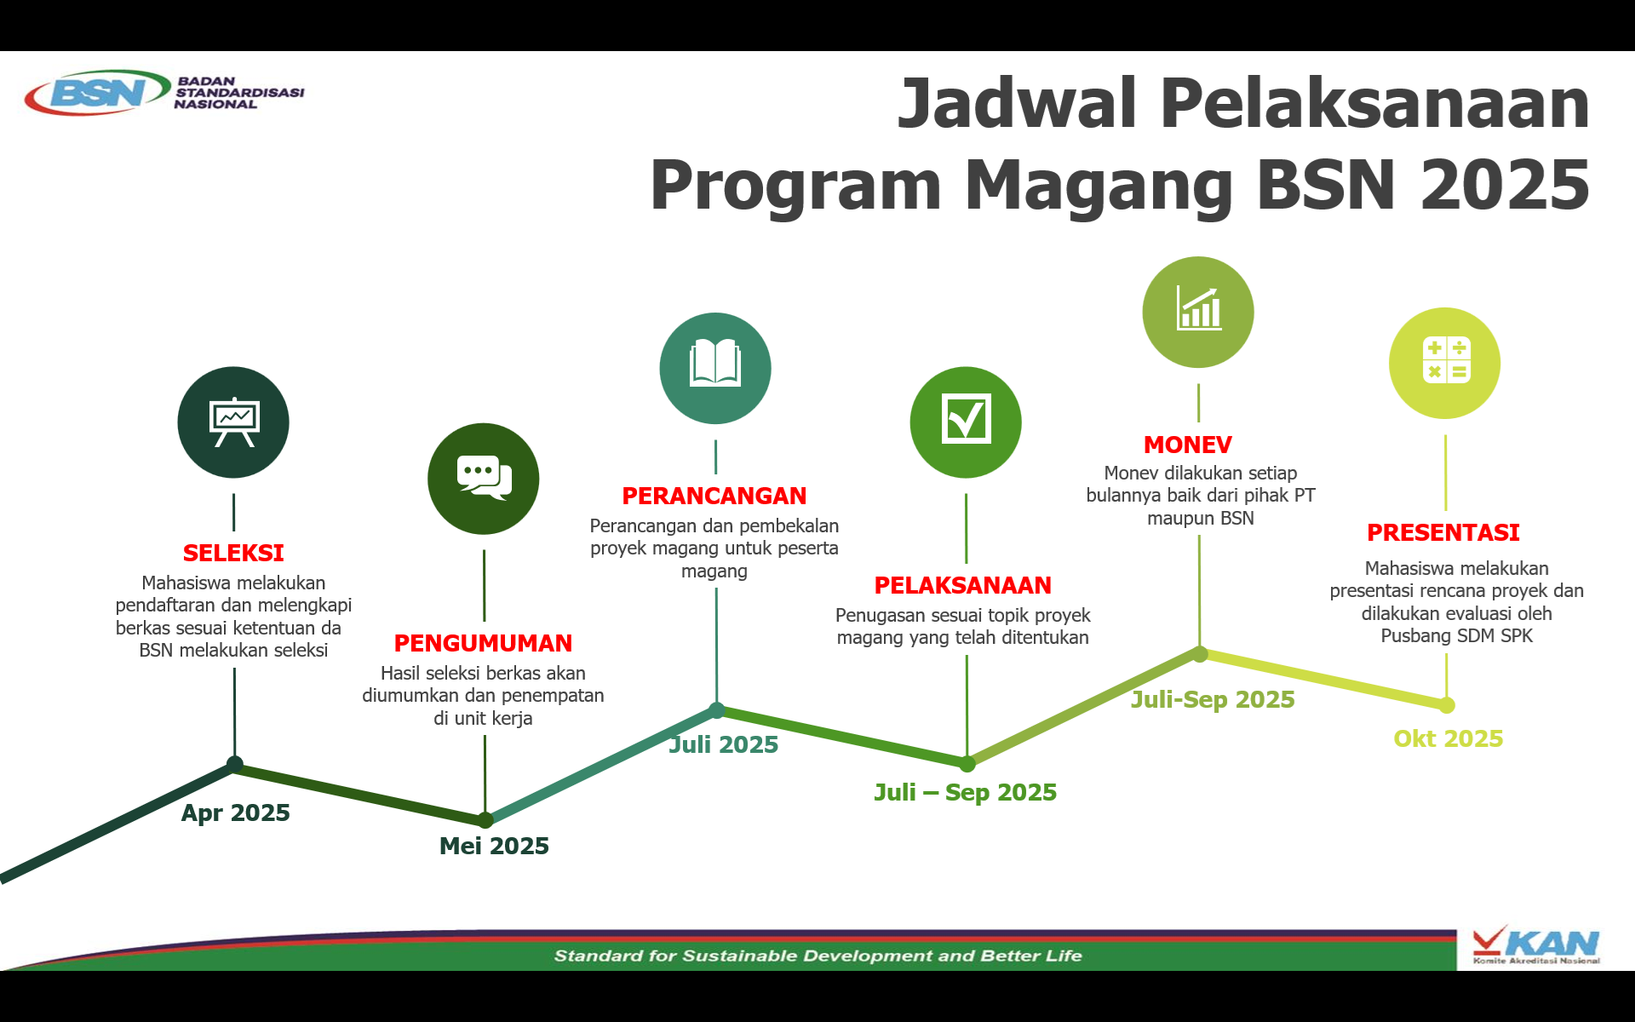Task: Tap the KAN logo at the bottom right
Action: pyautogui.click(x=1536, y=945)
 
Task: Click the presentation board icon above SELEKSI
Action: pyautogui.click(x=233, y=422)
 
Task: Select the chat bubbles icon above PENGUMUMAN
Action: pyautogui.click(x=484, y=478)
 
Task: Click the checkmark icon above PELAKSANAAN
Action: pyautogui.click(x=966, y=418)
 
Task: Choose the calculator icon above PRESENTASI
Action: pyautogui.click(x=1446, y=359)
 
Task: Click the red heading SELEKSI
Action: pyautogui.click(x=233, y=553)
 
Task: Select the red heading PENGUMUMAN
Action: pyautogui.click(x=483, y=643)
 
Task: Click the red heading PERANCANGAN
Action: pyautogui.click(x=714, y=496)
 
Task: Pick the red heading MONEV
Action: pyautogui.click(x=1188, y=445)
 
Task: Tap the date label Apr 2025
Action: pyautogui.click(x=236, y=812)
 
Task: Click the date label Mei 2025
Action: pyautogui.click(x=494, y=846)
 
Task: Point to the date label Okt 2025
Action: pyautogui.click(x=1449, y=738)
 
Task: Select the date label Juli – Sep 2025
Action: pyautogui.click(x=966, y=792)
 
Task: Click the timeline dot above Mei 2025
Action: pyautogui.click(x=485, y=820)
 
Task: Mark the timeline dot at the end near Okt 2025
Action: pyautogui.click(x=1447, y=705)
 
